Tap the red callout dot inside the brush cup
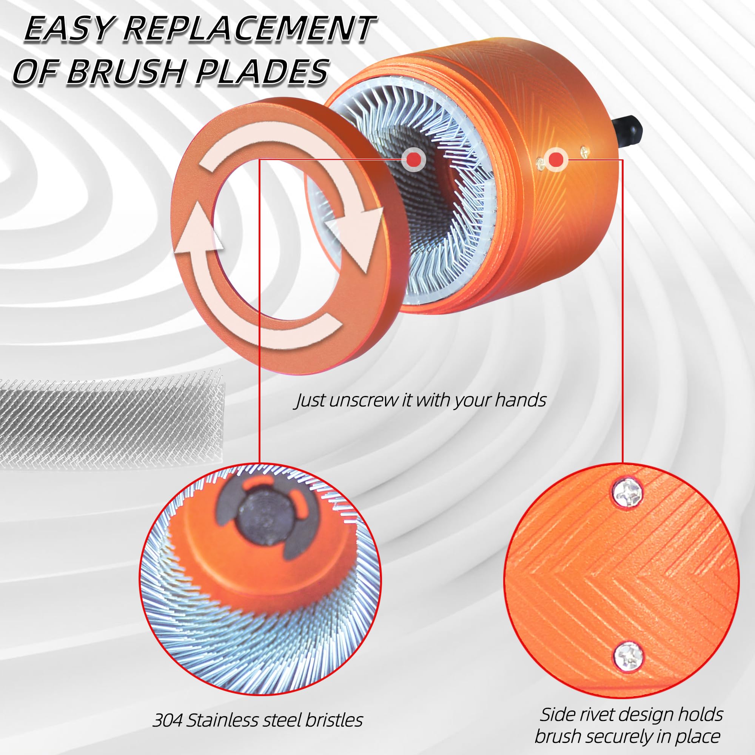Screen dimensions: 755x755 (x=413, y=159)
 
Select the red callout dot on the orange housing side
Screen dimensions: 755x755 (x=556, y=159)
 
